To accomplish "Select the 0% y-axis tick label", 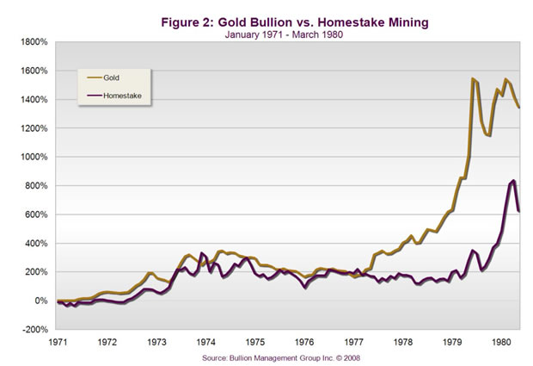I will pyautogui.click(x=40, y=301).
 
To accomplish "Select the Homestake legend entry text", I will pyautogui.click(x=124, y=96).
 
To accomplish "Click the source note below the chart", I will pyautogui.click(x=281, y=355).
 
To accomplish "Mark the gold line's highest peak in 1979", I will pyautogui.click(x=472, y=79).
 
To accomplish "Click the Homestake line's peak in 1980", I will pyautogui.click(x=512, y=181).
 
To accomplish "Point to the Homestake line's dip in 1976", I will pyautogui.click(x=306, y=287).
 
